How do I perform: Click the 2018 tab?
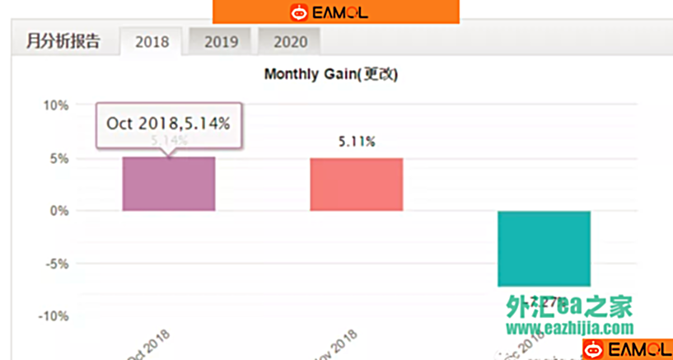pos(152,42)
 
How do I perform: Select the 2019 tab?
pos(221,42)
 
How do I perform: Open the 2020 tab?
pos(290,42)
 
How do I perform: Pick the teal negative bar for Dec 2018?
pos(544,247)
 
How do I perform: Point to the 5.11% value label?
pos(357,142)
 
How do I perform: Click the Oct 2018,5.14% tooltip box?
pos(169,124)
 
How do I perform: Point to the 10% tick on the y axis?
pos(56,105)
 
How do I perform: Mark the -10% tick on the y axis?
pos(54,316)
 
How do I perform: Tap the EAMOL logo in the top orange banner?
pos(329,12)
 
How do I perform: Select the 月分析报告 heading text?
pos(63,41)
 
